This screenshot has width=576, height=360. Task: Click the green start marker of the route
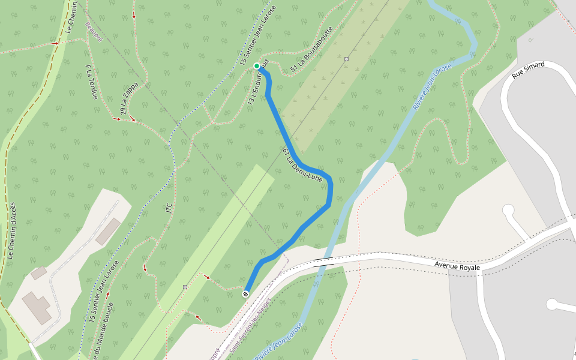pos(257,66)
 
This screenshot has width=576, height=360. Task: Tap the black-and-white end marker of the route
pos(245,294)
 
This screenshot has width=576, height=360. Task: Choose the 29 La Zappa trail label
pos(129,98)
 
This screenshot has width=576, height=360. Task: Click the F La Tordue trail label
pos(91,82)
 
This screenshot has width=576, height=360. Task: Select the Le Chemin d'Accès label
pos(11,231)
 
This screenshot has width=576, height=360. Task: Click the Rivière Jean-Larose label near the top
pos(432,86)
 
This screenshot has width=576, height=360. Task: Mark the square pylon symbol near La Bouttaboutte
pos(347,59)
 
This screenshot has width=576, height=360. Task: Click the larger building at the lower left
pos(38,307)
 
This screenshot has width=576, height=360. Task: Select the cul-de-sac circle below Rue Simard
pos(508,210)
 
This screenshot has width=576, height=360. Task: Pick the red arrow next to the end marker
pos(207,277)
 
